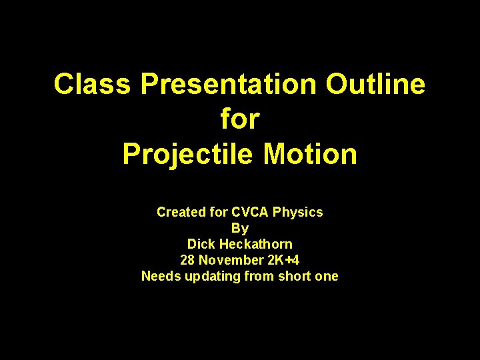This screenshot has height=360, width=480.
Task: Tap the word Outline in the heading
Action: [375, 85]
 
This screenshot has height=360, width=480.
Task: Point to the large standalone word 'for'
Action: [239, 119]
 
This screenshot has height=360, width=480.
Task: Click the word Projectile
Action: [188, 154]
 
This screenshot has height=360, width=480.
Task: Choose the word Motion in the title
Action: [311, 154]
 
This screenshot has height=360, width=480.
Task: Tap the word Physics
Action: [298, 212]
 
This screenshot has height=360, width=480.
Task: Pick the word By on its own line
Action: [239, 228]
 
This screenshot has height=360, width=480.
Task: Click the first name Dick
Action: [201, 244]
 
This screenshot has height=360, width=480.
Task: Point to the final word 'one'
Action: [327, 276]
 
